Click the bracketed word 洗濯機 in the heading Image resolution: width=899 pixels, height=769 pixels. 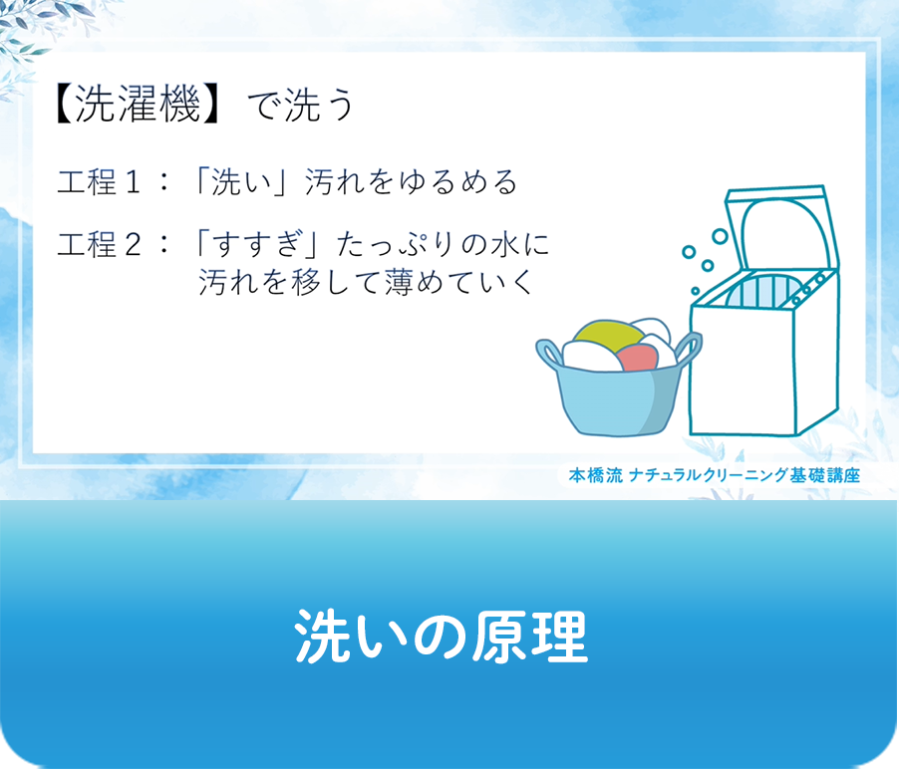[x=139, y=106]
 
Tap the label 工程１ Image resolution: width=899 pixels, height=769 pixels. [x=103, y=183]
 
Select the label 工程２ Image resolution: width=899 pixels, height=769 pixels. [x=103, y=245]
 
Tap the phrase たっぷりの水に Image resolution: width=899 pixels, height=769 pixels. [x=445, y=245]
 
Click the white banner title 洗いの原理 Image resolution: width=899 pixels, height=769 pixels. [x=441, y=636]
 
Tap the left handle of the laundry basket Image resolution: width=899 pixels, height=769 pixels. [x=549, y=353]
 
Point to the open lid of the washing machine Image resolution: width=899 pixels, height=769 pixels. [x=777, y=230]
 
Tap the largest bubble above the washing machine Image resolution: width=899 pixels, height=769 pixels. [x=720, y=236]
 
